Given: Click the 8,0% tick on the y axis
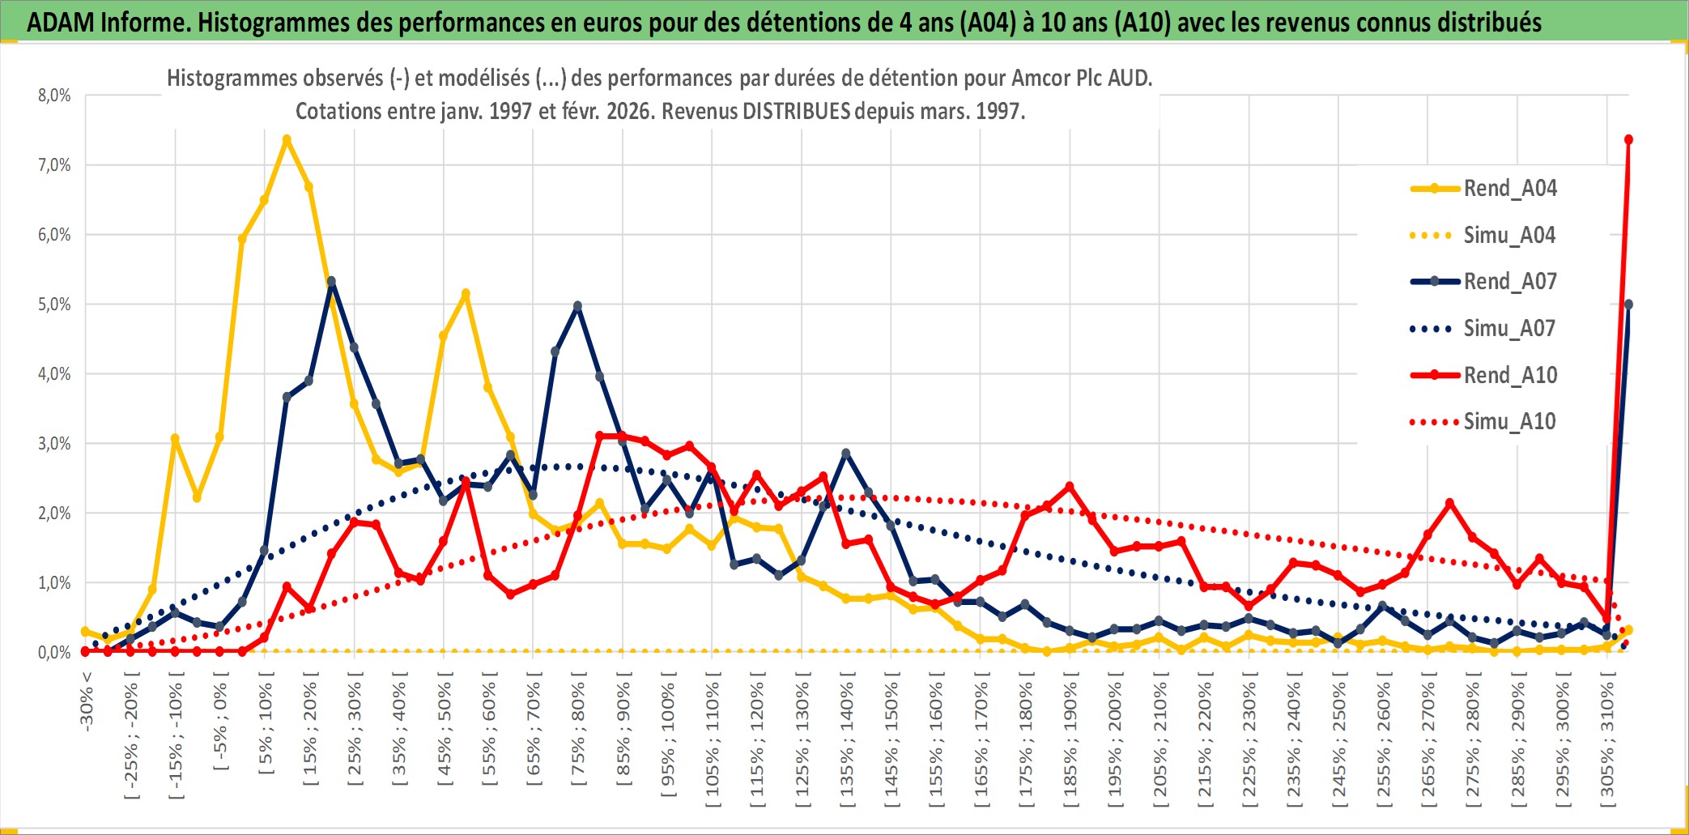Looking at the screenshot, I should click(54, 96).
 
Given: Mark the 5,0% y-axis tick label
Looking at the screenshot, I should click(54, 305).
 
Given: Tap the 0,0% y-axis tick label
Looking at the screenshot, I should click(54, 653).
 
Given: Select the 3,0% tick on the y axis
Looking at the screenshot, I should click(54, 444).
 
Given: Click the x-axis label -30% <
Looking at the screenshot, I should click(87, 701).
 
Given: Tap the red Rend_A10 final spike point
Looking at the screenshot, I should click(1628, 140).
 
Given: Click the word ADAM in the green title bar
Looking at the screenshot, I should click(61, 22).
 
